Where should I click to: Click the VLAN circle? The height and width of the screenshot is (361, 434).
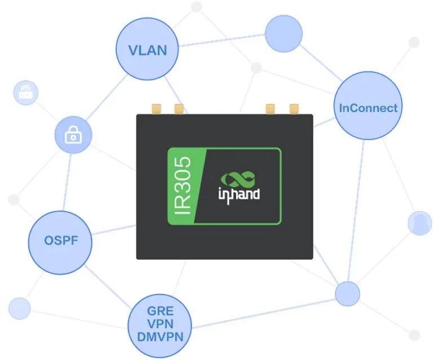click(x=147, y=49)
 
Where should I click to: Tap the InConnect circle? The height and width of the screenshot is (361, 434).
click(x=368, y=105)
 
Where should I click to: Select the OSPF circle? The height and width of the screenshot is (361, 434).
click(x=60, y=243)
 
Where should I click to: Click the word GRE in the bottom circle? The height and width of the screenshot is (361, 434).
click(x=160, y=311)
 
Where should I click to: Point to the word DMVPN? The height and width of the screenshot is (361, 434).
click(x=160, y=337)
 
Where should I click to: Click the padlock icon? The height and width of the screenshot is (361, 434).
click(x=73, y=135)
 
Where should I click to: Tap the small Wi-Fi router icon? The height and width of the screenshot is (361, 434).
click(x=26, y=92)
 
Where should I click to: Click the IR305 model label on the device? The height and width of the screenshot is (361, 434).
click(x=183, y=186)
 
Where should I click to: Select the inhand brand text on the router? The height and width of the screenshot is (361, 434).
click(x=239, y=195)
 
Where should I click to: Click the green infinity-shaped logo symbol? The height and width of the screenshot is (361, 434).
click(x=238, y=179)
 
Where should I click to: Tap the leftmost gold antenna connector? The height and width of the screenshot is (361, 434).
click(x=157, y=109)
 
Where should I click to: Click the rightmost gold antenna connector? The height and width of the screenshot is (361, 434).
click(x=294, y=109)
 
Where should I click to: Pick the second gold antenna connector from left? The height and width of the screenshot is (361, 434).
click(x=179, y=109)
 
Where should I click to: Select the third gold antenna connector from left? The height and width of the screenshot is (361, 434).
click(x=271, y=109)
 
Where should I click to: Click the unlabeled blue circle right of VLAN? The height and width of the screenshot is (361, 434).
click(x=284, y=33)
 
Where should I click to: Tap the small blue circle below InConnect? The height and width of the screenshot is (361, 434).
click(x=348, y=294)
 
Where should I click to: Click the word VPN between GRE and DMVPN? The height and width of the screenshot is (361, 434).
click(x=160, y=324)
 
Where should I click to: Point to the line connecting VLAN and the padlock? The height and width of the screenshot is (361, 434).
click(x=106, y=97)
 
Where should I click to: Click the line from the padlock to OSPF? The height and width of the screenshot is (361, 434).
click(x=67, y=182)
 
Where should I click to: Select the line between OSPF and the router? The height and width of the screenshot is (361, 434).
click(x=114, y=230)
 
